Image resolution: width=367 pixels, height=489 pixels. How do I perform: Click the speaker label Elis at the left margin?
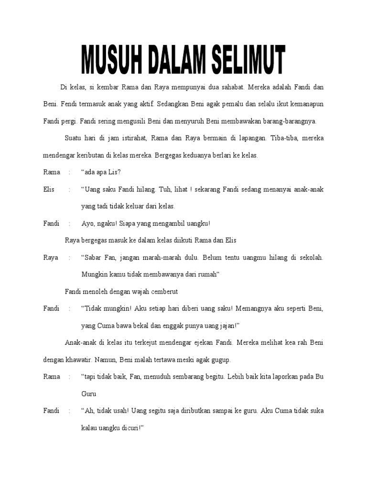click(49, 189)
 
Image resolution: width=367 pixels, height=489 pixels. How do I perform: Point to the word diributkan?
click(181, 410)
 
